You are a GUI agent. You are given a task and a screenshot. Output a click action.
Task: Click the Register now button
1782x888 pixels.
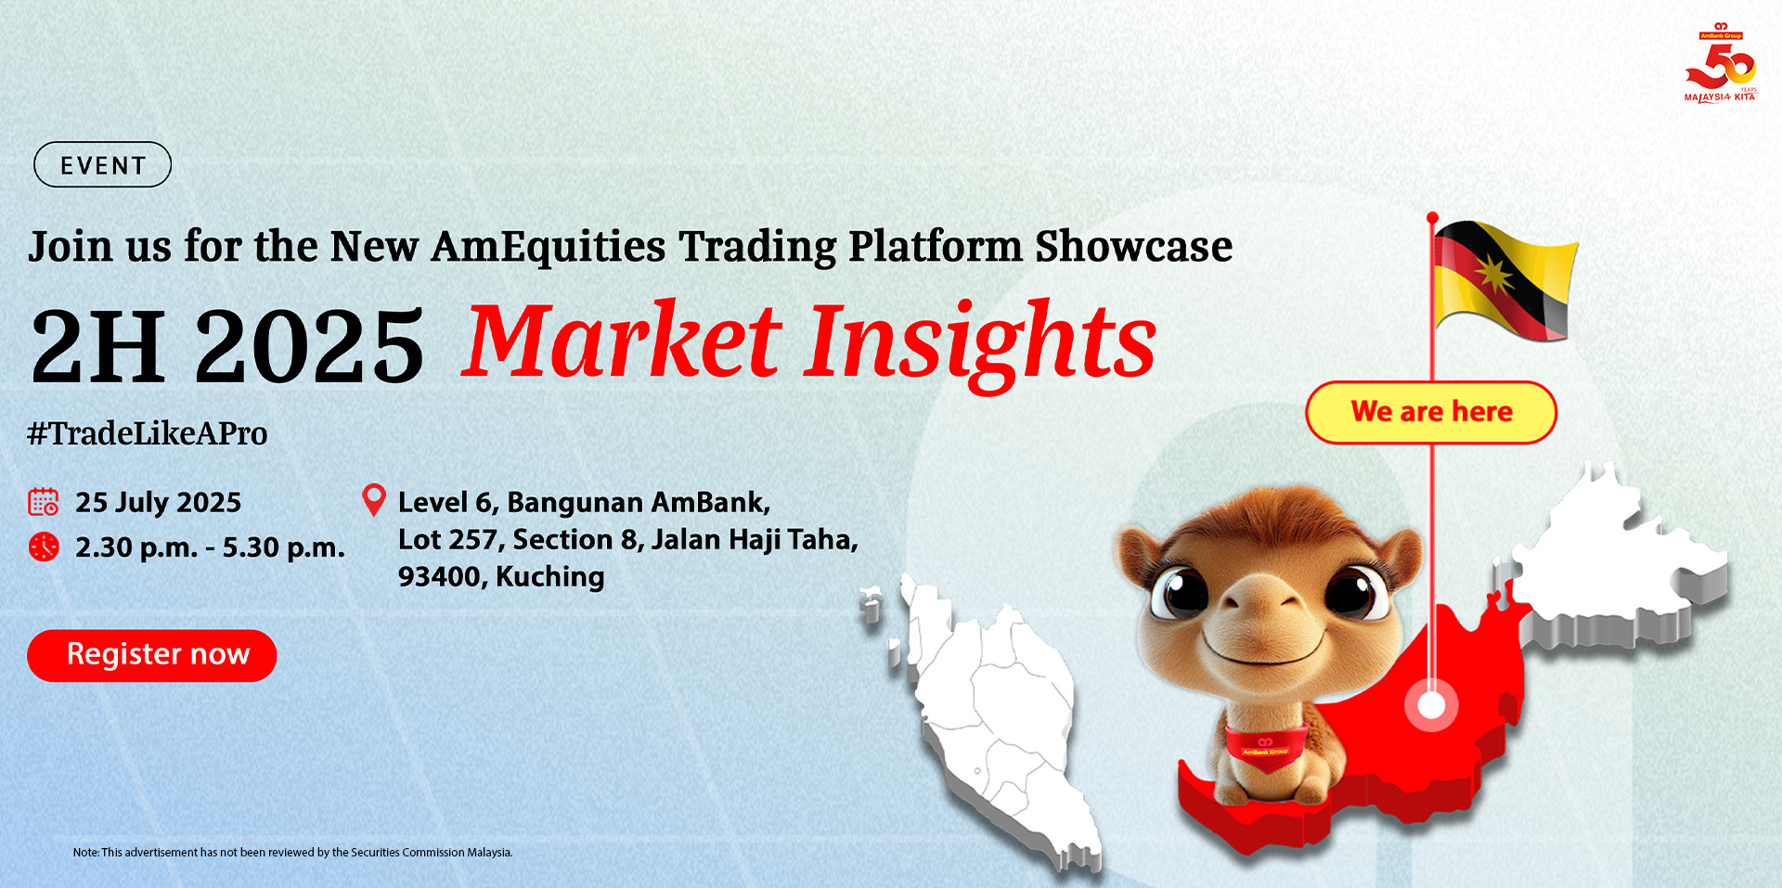[x=152, y=655]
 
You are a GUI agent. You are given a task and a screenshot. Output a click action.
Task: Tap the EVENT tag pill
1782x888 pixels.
[x=103, y=164]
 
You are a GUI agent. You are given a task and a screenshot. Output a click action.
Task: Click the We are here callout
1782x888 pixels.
[x=1431, y=412]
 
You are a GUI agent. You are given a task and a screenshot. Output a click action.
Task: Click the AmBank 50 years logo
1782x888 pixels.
[x=1721, y=62]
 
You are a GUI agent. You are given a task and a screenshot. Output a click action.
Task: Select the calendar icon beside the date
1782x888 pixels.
[x=44, y=502]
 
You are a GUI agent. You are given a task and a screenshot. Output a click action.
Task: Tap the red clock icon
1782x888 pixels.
[x=44, y=547]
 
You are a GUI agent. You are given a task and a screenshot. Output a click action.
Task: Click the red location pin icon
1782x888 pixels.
[x=373, y=500]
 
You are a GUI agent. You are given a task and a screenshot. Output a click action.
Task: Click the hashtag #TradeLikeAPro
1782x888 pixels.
[x=148, y=433]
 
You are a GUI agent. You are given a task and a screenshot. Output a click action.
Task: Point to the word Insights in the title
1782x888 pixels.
[x=983, y=344]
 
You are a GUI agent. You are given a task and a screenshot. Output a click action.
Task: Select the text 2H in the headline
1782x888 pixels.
[x=98, y=345]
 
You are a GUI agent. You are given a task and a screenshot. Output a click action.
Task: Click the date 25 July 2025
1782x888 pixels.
[x=158, y=502]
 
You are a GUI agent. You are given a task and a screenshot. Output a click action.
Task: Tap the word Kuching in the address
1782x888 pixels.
[x=550, y=576]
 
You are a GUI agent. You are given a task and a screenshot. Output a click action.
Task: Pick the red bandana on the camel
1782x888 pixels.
[x=1266, y=747]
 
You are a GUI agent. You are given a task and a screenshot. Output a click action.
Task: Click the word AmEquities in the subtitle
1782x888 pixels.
[x=549, y=247]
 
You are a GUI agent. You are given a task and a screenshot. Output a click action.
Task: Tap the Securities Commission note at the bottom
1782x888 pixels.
[x=292, y=852]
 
